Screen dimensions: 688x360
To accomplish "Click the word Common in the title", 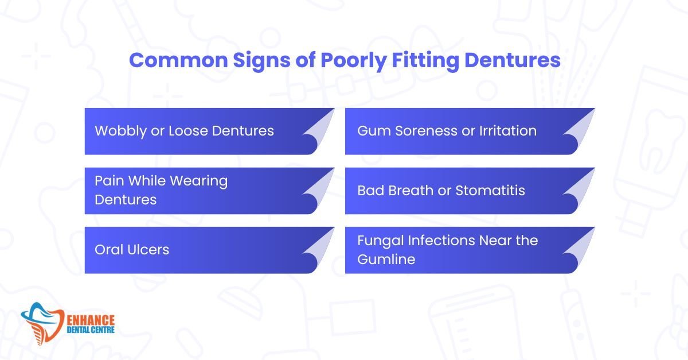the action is point(178,60).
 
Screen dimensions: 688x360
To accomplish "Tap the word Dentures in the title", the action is point(513,60).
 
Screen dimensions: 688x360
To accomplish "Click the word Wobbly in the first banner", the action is point(121,131).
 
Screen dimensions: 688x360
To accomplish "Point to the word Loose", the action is point(188,130).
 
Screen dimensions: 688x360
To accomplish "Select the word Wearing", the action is point(199,181).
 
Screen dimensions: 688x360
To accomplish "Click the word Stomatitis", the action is point(490,191).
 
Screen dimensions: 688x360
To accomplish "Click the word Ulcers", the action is point(148,250).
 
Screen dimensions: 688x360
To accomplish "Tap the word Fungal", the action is point(380,241).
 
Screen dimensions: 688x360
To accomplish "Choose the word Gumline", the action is point(386,259).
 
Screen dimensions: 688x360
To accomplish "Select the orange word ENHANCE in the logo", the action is point(91,320).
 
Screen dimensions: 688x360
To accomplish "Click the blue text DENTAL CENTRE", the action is point(91,330).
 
